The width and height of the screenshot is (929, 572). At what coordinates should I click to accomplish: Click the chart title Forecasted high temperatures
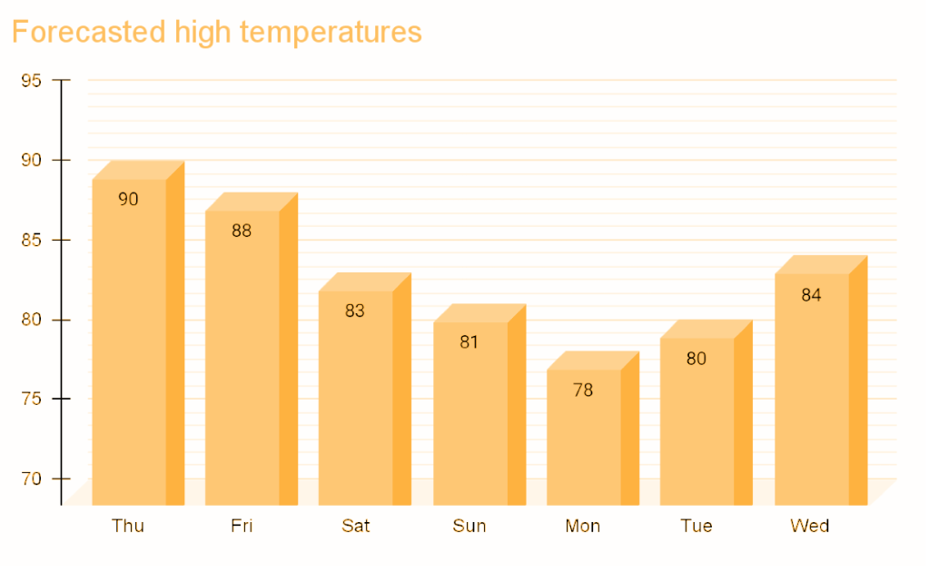(216, 32)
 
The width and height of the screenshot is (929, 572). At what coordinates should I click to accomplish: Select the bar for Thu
(129, 345)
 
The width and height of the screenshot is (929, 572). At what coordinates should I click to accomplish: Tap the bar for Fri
(242, 363)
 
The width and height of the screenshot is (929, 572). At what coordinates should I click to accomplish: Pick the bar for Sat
(355, 399)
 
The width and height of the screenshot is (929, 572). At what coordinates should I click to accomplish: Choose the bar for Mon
(583, 440)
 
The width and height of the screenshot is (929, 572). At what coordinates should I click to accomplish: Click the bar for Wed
(811, 390)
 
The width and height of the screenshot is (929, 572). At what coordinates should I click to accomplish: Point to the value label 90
(128, 199)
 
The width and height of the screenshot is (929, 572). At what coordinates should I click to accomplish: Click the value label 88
(242, 231)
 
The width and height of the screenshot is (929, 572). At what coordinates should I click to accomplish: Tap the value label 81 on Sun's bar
(469, 342)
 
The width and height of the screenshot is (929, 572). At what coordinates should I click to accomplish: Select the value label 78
(583, 390)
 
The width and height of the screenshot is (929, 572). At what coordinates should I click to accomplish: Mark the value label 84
(811, 294)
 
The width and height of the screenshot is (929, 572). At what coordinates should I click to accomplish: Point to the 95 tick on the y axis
(31, 81)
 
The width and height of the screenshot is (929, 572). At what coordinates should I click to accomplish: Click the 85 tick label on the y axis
(31, 240)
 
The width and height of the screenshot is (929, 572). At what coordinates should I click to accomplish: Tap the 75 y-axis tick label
(31, 399)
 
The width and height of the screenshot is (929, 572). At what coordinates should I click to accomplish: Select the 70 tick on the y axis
(31, 478)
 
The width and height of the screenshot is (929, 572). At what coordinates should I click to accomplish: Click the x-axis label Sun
(469, 526)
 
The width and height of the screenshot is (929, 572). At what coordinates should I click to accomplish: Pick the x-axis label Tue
(697, 526)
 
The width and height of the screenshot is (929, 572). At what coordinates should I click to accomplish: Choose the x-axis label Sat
(355, 526)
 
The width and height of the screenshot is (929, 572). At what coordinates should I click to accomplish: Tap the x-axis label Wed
(810, 526)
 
